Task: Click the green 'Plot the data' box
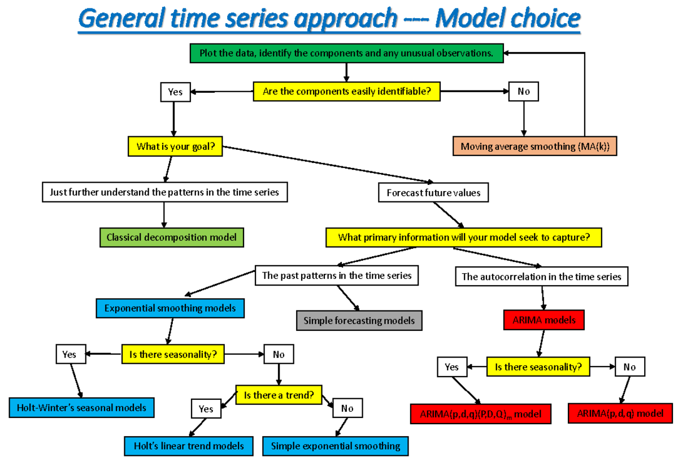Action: pos(346,54)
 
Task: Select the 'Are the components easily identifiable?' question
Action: pos(346,92)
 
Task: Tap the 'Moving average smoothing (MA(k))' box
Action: pos(534,146)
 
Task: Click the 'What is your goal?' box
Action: pos(175,147)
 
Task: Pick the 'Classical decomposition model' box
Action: pos(171,238)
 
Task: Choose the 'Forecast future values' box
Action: pos(433,193)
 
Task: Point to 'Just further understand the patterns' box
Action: pos(164,192)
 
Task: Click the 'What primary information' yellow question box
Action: pos(463,238)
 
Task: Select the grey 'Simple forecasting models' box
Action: pos(359,321)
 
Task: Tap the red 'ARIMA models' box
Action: pos(544,320)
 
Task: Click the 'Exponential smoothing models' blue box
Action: pos(170,308)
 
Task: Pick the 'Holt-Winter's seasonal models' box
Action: pos(81,407)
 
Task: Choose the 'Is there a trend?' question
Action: pos(279,395)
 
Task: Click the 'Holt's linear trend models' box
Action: pos(189,446)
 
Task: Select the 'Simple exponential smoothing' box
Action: pos(335,446)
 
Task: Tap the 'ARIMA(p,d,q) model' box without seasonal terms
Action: pos(620,413)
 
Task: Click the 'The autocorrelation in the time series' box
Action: pos(541,277)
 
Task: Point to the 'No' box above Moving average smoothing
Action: pos(523,92)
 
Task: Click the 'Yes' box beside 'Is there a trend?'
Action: pos(206,408)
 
